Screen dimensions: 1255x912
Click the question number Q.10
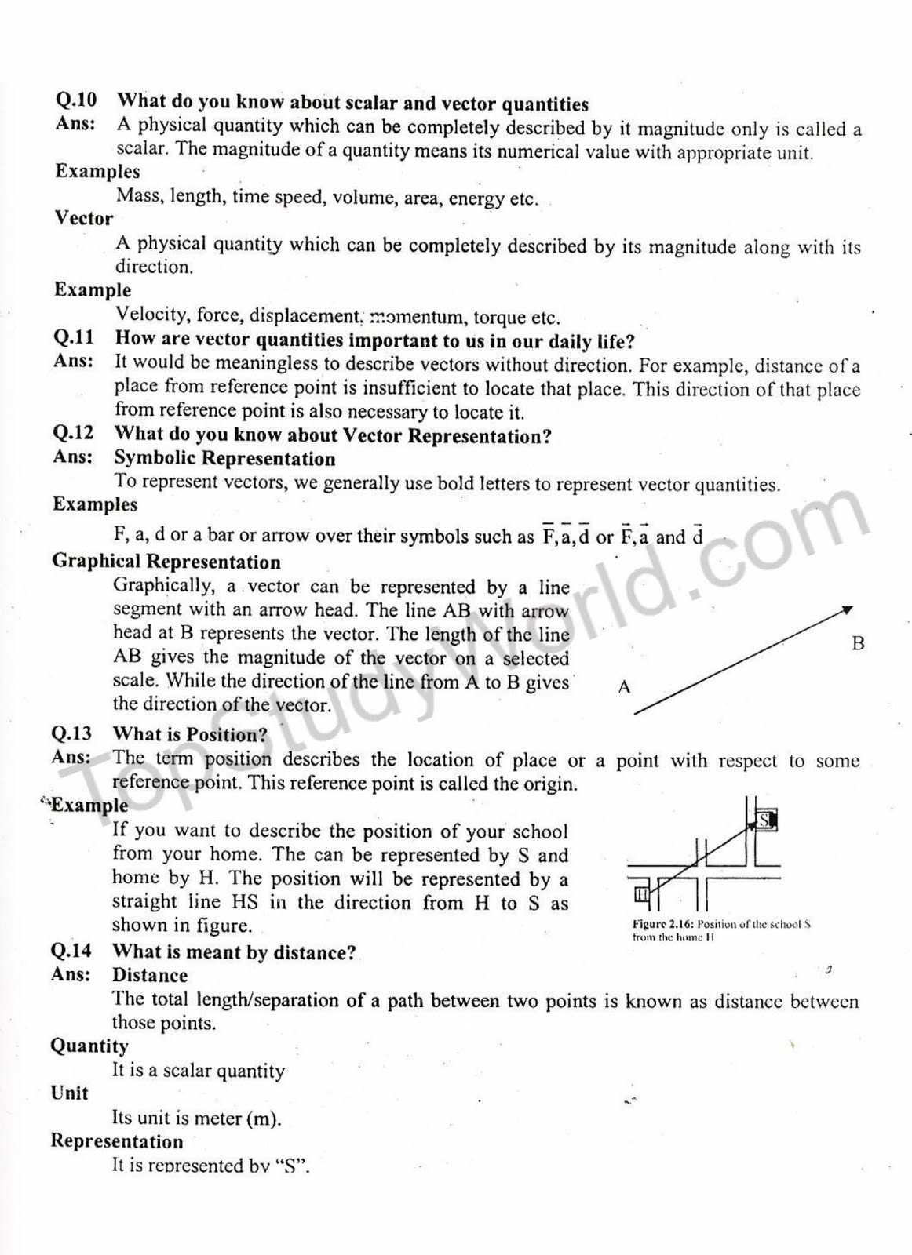[76, 100]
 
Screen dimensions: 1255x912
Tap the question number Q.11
[74, 338]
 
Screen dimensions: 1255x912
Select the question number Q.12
[73, 433]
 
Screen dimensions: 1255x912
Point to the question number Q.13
[71, 734]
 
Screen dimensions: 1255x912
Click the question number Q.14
[71, 951]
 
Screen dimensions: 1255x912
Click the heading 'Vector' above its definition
[83, 218]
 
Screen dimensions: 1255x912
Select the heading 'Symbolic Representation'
[224, 458]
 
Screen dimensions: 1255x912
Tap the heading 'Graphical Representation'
[166, 562]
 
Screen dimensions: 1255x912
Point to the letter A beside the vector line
[625, 688]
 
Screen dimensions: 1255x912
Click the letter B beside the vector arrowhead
[858, 644]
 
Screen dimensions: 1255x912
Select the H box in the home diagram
[641, 894]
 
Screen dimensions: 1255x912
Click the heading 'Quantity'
[89, 1046]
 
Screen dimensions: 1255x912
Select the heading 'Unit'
[70, 1093]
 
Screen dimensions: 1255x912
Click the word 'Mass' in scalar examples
[137, 195]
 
